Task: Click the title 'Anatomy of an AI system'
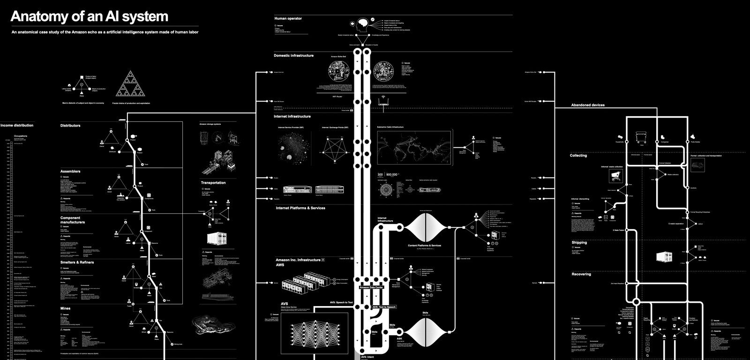89,16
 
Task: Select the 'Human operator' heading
288,19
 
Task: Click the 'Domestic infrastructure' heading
293,56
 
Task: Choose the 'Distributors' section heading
70,126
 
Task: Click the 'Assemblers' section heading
70,172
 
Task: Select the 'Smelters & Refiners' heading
77,262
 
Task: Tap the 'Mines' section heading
65,308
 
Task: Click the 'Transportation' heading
213,183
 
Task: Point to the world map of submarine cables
414,148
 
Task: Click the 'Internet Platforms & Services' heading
300,208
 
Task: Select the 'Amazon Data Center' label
371,287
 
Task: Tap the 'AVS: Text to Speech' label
384,307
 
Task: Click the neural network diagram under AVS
315,333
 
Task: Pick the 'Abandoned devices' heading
588,105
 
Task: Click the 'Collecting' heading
578,156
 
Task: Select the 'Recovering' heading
581,274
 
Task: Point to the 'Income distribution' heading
17,126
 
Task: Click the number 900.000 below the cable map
392,174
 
